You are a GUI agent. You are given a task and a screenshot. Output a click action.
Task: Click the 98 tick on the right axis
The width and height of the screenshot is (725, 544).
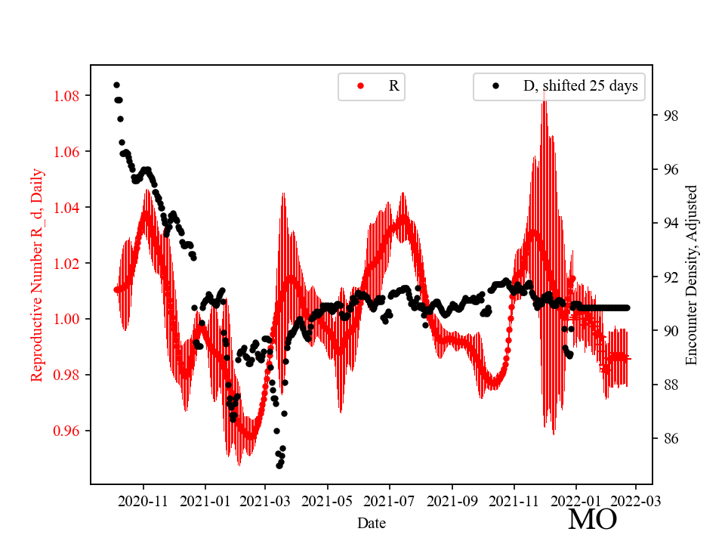pos(668,116)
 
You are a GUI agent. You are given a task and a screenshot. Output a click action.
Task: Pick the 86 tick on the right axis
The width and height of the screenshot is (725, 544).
pos(668,439)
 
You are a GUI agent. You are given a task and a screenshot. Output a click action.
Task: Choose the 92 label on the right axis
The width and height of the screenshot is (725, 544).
pos(668,277)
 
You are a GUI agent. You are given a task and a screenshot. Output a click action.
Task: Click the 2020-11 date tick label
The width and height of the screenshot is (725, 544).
pos(143,500)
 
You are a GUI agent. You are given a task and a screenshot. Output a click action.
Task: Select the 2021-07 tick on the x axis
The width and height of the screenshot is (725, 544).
pos(390,500)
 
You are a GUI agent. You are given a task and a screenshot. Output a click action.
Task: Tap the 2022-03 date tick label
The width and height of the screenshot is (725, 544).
pos(635,500)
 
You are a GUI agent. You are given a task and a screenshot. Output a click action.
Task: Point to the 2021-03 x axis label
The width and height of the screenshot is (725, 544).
pos(265,500)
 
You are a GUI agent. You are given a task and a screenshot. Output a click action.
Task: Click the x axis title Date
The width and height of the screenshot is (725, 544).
pos(372,523)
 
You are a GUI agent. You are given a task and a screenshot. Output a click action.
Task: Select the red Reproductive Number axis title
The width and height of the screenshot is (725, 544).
pos(37,274)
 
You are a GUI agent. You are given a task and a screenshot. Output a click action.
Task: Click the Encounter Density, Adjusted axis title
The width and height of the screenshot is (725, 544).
pos(691,274)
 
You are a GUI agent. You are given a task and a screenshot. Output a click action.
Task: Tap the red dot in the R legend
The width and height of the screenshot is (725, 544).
pos(360,86)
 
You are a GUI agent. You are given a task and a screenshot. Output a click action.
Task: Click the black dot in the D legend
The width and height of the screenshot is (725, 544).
pos(496,86)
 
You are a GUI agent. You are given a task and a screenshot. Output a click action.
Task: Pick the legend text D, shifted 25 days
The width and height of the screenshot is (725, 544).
pos(580,86)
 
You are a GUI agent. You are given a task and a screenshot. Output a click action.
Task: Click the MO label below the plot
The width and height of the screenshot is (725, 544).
pos(592,519)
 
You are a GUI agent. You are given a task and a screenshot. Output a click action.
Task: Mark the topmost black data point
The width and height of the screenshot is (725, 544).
pos(116,85)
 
